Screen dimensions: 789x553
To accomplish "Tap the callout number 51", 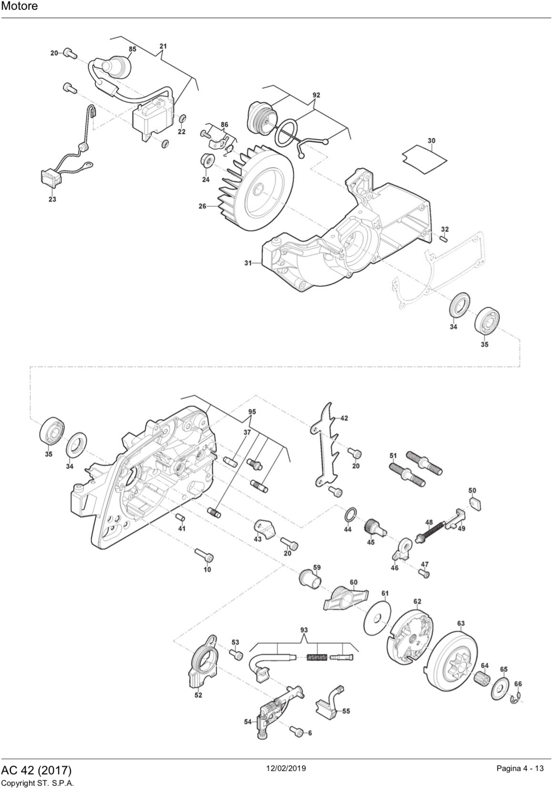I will (393, 456).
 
